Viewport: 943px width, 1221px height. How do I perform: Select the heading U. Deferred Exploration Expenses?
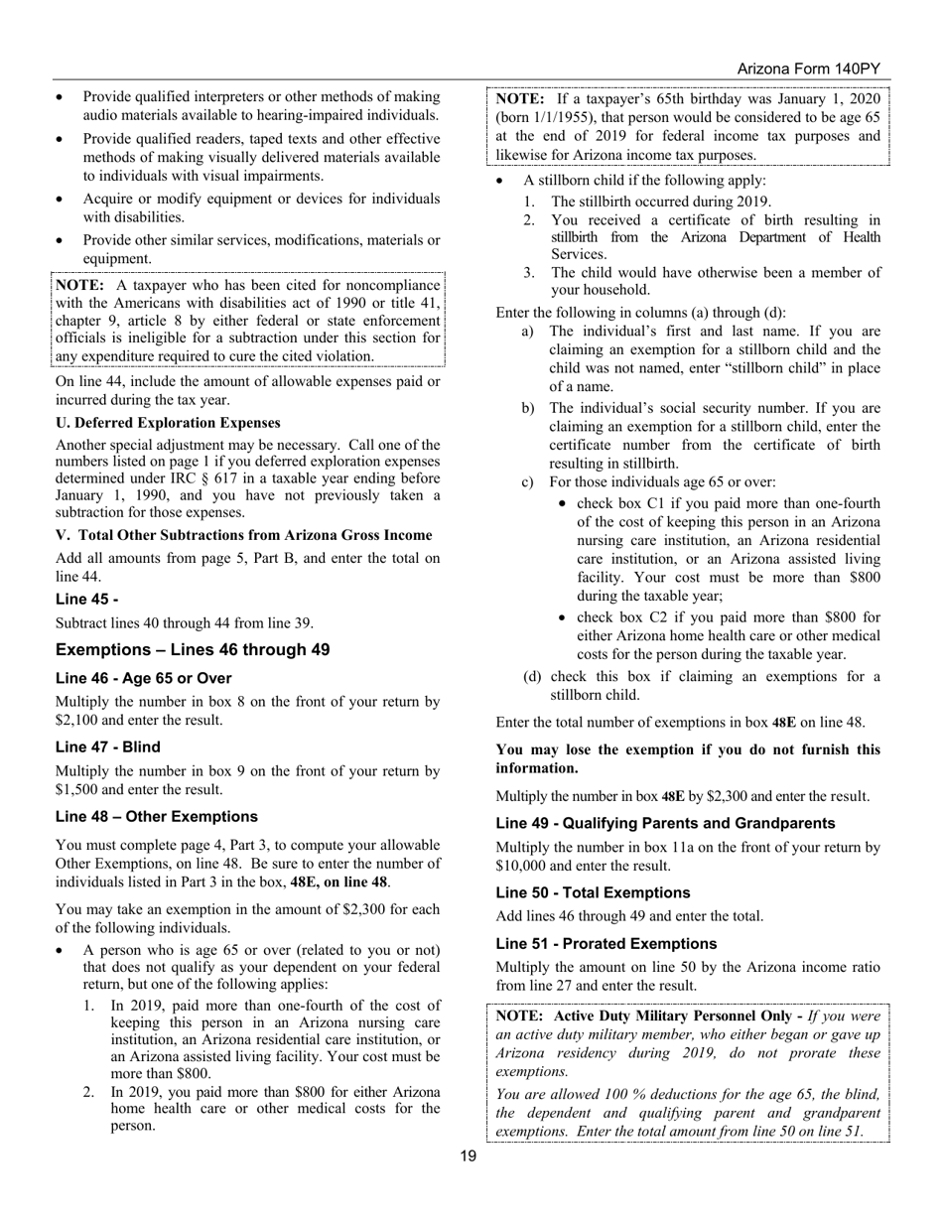point(168,423)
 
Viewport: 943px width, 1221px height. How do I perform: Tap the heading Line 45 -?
point(87,600)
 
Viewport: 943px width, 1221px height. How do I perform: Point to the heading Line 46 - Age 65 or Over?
point(144,679)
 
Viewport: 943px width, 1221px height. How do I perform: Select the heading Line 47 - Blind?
point(108,747)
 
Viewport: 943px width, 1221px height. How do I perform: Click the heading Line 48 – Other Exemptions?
point(157,817)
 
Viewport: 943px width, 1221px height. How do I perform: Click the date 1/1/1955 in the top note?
point(554,117)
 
